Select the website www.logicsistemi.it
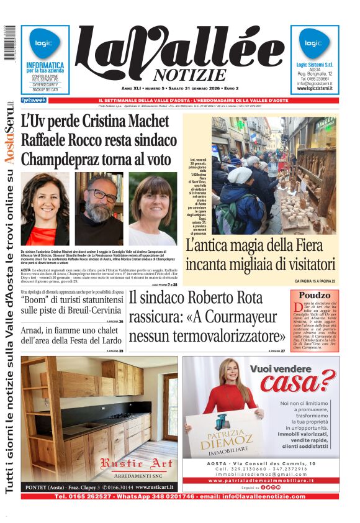(x=315, y=88)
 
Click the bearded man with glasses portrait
(x=99, y=208)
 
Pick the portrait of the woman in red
(x=45, y=208)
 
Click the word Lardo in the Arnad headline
(x=109, y=340)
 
